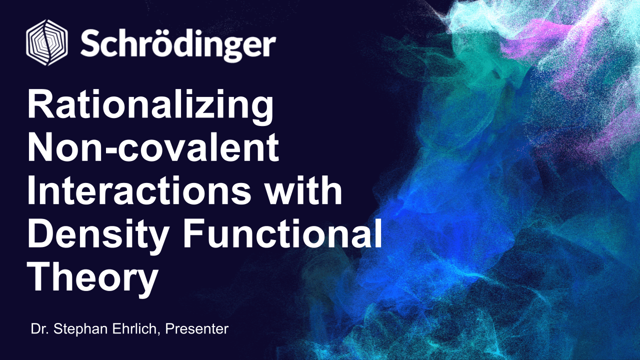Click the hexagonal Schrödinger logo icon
pos(47,42)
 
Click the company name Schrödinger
pos(178,45)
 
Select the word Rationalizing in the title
pos(150,105)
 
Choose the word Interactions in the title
pos(139,189)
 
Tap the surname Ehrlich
pos(134,329)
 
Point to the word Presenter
pos(197,329)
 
